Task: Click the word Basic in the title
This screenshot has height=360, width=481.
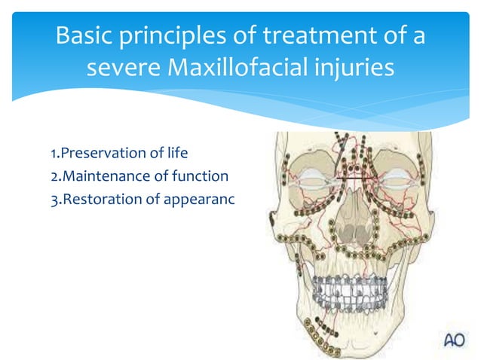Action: click(x=85, y=35)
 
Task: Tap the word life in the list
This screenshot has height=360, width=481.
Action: click(x=173, y=154)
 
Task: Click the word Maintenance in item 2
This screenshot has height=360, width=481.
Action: click(x=102, y=177)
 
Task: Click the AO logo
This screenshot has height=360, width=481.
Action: click(x=454, y=340)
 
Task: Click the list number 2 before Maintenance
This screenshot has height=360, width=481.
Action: click(x=54, y=177)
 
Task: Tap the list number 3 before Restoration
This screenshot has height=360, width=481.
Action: click(x=54, y=200)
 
